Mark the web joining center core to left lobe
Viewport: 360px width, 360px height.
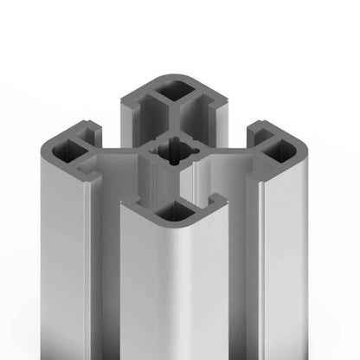coord(121,157)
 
